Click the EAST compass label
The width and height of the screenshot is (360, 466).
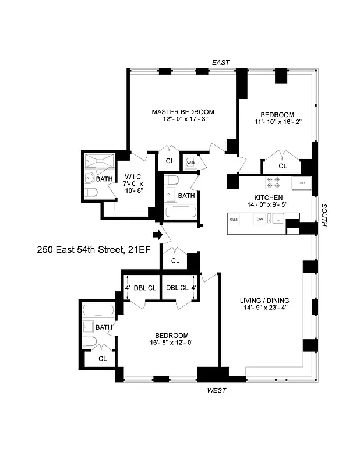221,62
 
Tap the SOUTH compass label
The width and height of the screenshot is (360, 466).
323,215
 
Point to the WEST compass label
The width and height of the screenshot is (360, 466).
217,390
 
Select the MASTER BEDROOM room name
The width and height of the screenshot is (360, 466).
183,112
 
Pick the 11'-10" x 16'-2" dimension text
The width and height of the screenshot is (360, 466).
277,123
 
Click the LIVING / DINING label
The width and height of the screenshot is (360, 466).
264,301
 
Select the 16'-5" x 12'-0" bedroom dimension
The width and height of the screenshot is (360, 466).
172,343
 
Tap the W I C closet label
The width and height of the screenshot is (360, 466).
133,176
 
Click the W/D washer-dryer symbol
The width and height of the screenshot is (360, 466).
190,163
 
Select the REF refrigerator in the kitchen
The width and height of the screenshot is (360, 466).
302,183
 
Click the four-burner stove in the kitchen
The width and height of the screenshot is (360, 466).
272,183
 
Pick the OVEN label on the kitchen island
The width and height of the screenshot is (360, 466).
235,220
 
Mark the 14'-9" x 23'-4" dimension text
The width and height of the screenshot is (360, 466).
264,309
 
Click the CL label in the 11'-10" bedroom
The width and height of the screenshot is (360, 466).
283,166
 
